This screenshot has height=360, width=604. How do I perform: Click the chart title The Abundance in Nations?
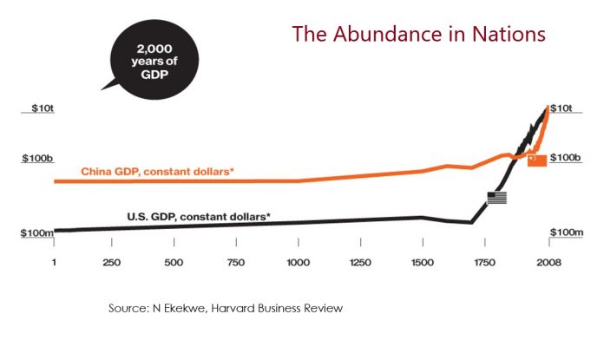click(x=418, y=35)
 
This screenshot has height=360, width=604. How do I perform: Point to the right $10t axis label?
click(x=565, y=108)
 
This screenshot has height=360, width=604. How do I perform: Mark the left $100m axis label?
click(x=36, y=232)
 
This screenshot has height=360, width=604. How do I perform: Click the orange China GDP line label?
click(x=157, y=172)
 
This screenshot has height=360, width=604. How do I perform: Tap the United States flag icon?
click(x=497, y=198)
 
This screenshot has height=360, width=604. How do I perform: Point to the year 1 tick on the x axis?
click(x=55, y=263)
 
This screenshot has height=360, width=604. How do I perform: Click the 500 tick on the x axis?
click(x=174, y=263)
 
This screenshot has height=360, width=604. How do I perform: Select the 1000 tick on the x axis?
click(x=298, y=263)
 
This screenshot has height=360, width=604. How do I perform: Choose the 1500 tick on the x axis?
click(x=421, y=263)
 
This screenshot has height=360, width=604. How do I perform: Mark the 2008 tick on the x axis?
click(x=547, y=263)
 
